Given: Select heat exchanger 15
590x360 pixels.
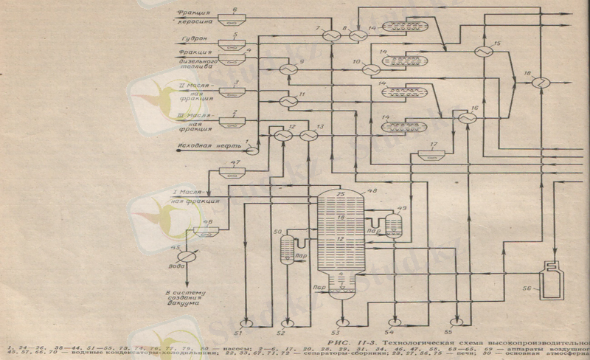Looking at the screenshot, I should point(483,52).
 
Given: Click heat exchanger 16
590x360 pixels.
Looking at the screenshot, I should point(465,118).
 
